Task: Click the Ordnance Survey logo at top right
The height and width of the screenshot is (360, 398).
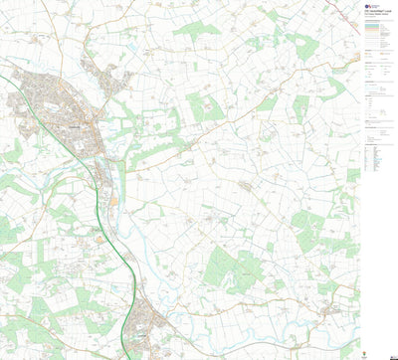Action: pos(368,6)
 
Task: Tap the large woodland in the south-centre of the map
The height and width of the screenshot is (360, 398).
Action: pos(229,269)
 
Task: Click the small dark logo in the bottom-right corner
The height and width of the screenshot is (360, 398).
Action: pos(391,354)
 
